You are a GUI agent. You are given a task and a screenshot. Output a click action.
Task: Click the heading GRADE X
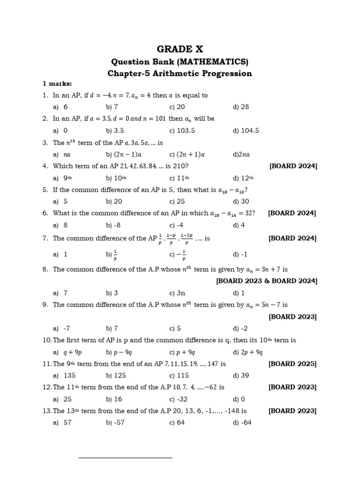(x=180, y=49)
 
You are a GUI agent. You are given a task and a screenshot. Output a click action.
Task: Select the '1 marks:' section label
(x=57, y=84)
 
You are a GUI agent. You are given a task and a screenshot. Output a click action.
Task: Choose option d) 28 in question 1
(x=240, y=107)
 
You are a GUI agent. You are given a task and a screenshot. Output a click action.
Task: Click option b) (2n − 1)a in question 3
(x=124, y=154)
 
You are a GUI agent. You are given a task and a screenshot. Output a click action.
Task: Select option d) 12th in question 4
(x=243, y=178)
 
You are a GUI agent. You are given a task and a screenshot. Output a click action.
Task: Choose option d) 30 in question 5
(x=240, y=202)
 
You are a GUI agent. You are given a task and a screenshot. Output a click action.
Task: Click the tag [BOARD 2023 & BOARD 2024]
(x=266, y=281)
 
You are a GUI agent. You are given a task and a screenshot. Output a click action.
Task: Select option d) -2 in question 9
(x=240, y=329)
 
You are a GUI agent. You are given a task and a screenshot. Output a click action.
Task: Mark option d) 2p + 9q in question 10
(x=247, y=352)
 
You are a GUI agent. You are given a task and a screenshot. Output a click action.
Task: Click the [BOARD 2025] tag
(x=292, y=364)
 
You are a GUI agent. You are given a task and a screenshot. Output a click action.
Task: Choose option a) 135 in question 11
(x=64, y=375)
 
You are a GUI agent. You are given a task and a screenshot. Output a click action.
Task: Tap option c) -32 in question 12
(x=179, y=399)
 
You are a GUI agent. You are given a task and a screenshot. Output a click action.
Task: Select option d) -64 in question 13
(x=242, y=423)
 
